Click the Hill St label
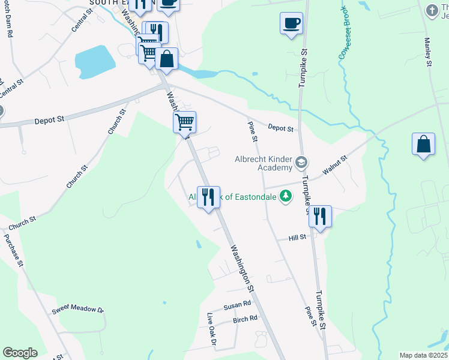[x=297, y=238]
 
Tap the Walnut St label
[x=335, y=166]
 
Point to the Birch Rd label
[x=245, y=319]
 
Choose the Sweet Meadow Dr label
[x=77, y=310]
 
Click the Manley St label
[x=428, y=52]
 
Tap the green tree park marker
[x=287, y=196]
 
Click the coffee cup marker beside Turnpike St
[x=291, y=24]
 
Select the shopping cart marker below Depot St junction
[x=185, y=122]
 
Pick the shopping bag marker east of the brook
[x=424, y=144]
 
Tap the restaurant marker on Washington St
[x=208, y=196]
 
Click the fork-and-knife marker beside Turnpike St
[x=320, y=216]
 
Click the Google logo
[x=20, y=353]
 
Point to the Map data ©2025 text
[x=423, y=355]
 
